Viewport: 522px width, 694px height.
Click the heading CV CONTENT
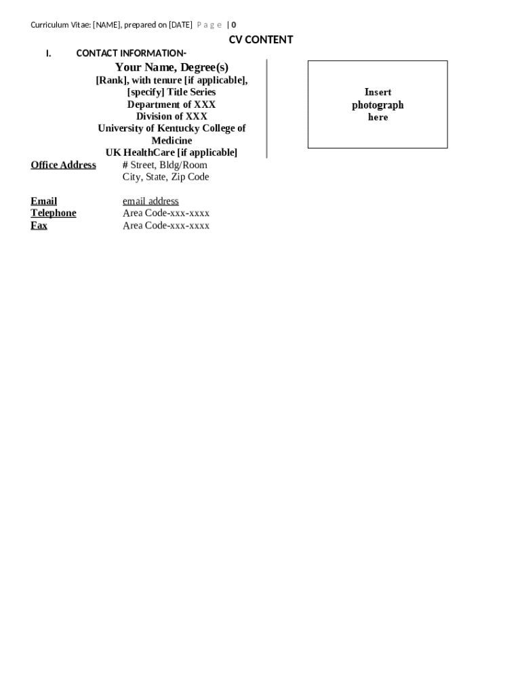point(261,40)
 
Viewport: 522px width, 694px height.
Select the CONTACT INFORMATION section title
point(131,53)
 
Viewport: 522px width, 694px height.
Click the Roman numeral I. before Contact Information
point(49,54)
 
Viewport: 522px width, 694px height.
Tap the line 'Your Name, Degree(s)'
point(172,67)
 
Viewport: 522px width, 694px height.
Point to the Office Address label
point(63,165)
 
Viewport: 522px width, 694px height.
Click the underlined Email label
point(44,201)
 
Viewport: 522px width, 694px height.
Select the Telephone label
point(54,213)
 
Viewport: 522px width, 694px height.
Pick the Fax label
point(39,225)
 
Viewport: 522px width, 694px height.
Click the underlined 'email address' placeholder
point(150,201)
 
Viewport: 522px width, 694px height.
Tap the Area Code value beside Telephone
point(166,213)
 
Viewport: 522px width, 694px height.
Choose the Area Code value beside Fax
point(166,225)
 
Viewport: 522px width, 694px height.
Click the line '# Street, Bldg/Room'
point(165,165)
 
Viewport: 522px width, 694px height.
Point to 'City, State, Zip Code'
point(165,177)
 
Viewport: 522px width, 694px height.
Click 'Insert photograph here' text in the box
point(378,104)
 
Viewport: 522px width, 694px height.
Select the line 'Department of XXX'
point(172,104)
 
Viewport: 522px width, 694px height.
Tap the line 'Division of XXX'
point(172,117)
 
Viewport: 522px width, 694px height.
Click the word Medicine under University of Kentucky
point(172,140)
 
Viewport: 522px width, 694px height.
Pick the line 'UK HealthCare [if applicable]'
point(172,152)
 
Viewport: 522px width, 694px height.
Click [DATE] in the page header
point(180,25)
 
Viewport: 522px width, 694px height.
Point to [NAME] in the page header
point(106,25)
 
